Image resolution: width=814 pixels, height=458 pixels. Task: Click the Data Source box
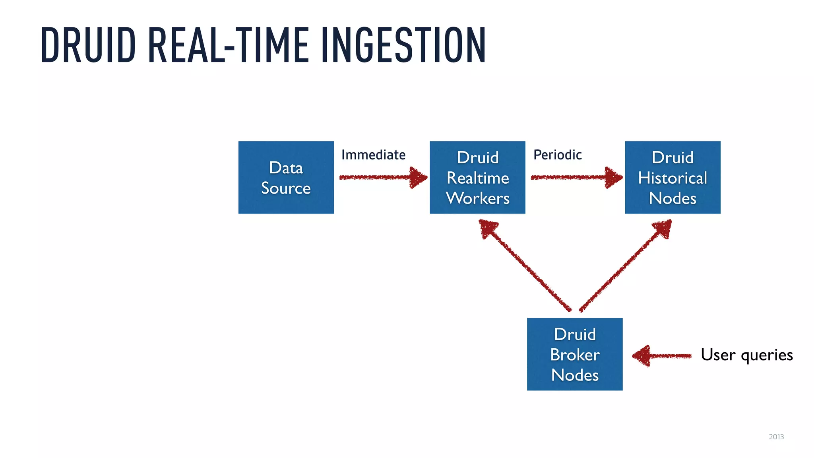pos(286,177)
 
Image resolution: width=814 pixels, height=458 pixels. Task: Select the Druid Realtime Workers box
pos(477,177)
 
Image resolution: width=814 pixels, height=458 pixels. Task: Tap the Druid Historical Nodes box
pos(673,177)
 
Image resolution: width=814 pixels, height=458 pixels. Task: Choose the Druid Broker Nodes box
pos(575,354)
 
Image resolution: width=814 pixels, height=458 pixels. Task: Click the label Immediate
pos(373,155)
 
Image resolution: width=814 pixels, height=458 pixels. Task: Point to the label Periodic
pos(557,155)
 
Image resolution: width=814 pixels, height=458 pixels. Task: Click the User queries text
pos(746,355)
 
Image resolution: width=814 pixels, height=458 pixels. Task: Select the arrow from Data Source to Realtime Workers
pos(382,177)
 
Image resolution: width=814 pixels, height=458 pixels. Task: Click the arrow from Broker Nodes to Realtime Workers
pos(525,266)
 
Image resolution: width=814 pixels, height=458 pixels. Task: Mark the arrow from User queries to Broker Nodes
pos(662,355)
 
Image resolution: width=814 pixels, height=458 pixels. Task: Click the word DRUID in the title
pos(88,45)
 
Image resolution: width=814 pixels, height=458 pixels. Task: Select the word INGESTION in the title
pos(403,45)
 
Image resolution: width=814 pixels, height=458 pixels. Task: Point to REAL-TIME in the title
pos(229,45)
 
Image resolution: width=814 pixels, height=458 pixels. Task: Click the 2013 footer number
pos(776,437)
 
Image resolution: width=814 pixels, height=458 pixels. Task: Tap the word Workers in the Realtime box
pos(477,198)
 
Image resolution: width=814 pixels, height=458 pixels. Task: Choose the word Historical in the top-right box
pos(673,178)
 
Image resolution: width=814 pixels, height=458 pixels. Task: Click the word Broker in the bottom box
pos(575,355)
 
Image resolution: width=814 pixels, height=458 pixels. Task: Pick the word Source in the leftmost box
pos(286,188)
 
